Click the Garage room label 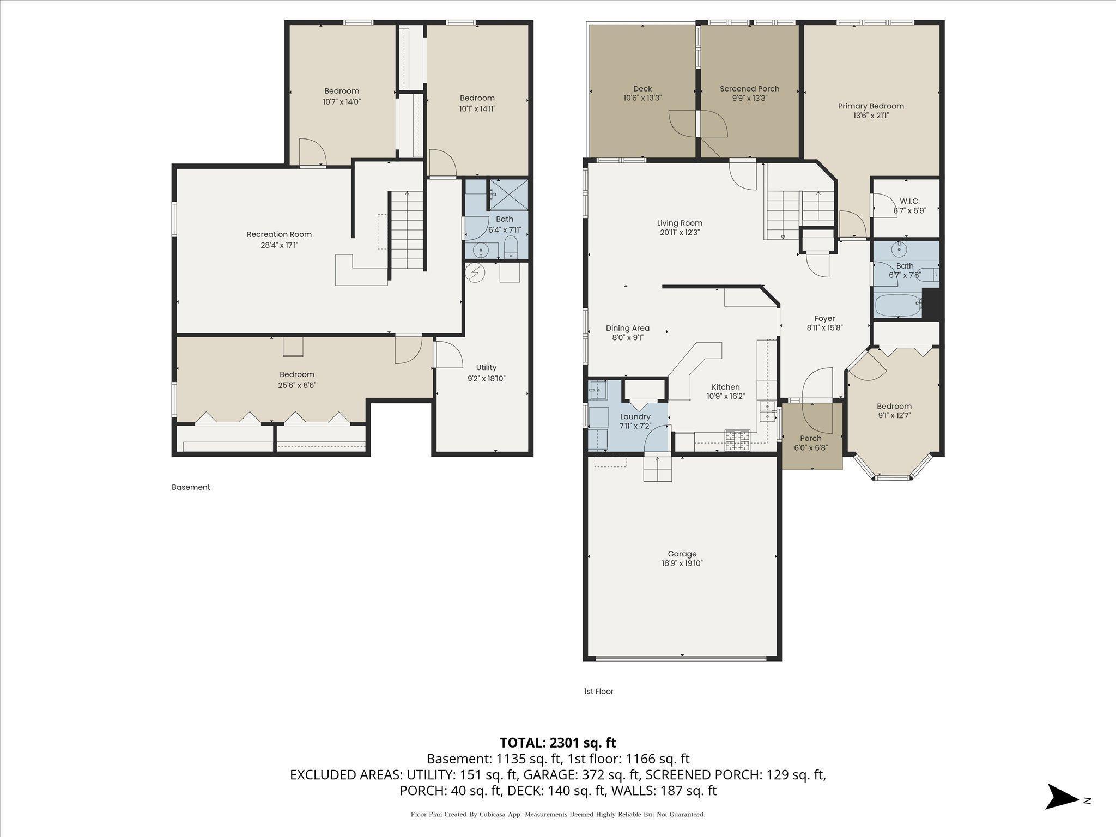click(682, 554)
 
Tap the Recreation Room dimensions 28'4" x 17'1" click(279, 245)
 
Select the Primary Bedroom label click(870, 106)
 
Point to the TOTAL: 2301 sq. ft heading click(557, 742)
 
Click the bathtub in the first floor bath click(897, 306)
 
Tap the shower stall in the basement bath click(508, 195)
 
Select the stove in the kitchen click(737, 440)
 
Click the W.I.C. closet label click(909, 201)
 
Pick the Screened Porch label click(749, 89)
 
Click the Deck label click(642, 89)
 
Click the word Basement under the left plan click(191, 487)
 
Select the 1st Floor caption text click(598, 691)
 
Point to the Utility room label click(486, 367)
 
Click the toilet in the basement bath click(511, 248)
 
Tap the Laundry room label click(635, 416)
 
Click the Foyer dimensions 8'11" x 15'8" click(824, 328)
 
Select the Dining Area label click(627, 328)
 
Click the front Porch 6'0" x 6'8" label click(810, 438)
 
